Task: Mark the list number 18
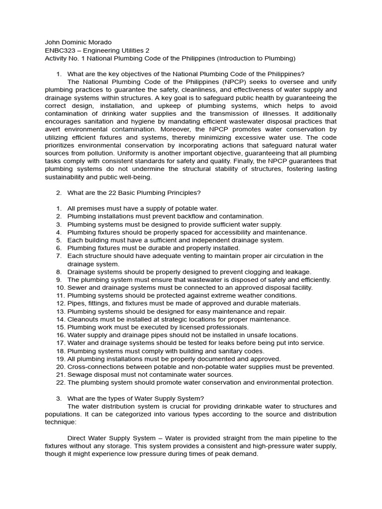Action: pyautogui.click(x=60, y=351)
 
